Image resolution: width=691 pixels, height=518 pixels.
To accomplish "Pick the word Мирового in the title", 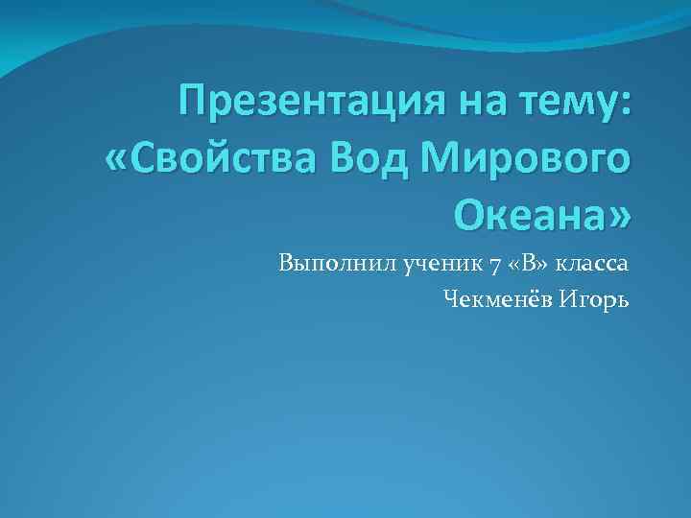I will [510, 156].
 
